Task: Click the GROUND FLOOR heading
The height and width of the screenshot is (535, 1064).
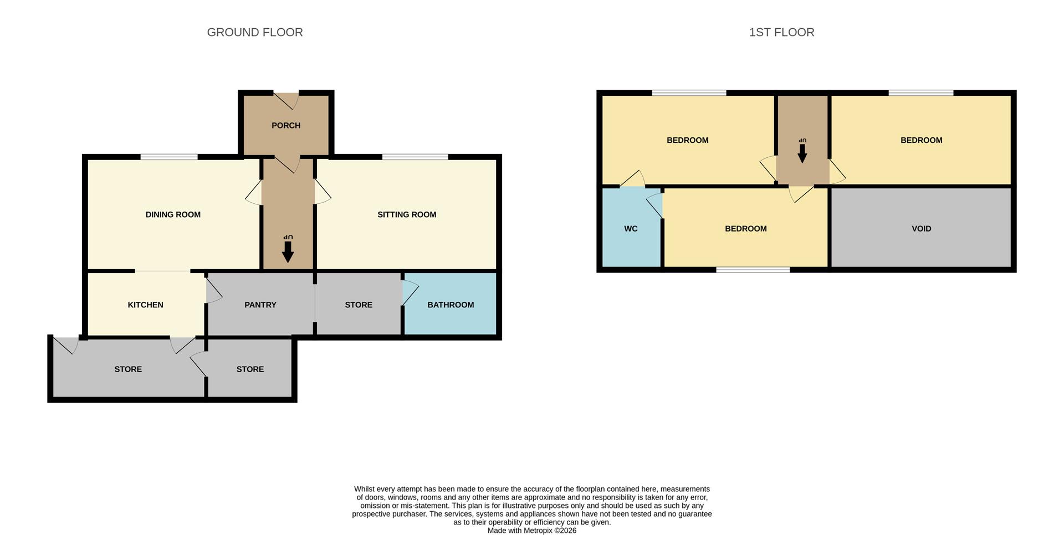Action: (x=255, y=32)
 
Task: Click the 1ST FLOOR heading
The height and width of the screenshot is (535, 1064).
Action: (x=781, y=32)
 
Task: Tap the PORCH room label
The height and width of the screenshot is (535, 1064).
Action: (x=286, y=126)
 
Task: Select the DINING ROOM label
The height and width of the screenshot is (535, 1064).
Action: (x=173, y=215)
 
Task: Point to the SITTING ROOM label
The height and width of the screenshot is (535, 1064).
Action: (x=407, y=215)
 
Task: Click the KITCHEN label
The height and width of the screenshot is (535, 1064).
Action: (x=145, y=305)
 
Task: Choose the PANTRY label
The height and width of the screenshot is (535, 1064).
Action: (x=260, y=305)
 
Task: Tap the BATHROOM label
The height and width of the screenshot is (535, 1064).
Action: (x=451, y=305)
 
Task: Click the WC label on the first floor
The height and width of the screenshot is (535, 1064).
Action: (x=631, y=229)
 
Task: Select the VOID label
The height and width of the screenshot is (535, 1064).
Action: (x=922, y=229)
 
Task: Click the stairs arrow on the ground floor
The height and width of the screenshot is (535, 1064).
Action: (x=288, y=252)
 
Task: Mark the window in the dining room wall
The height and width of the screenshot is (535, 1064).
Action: (x=169, y=157)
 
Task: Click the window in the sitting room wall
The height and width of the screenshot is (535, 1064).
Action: (x=415, y=157)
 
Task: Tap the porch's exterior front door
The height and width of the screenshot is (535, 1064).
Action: (x=287, y=100)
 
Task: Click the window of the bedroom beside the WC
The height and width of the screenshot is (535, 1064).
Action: (x=753, y=270)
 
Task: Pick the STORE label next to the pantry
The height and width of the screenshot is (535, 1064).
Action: (x=359, y=305)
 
